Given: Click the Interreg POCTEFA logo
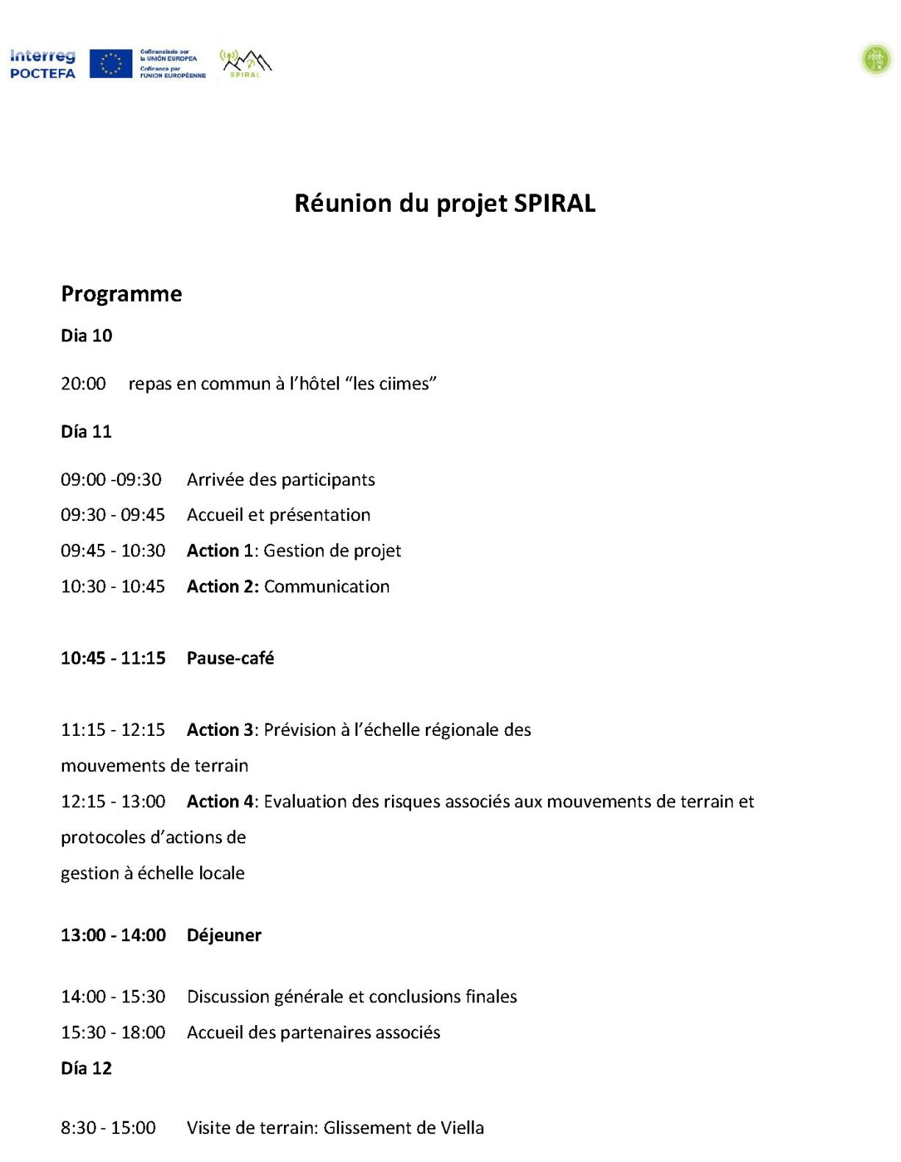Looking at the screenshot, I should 43,64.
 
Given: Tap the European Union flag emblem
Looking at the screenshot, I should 110,64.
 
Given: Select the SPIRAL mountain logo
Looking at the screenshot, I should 246,64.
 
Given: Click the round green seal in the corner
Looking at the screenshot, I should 876,60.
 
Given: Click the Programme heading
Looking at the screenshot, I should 121,294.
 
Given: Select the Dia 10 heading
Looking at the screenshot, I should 86,336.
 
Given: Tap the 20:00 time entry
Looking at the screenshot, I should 83,383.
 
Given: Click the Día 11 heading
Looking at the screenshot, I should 86,431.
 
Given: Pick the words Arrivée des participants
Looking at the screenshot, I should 280,480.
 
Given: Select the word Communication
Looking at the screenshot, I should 327,587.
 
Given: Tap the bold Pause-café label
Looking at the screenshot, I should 230,658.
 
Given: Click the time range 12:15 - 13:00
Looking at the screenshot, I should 113,801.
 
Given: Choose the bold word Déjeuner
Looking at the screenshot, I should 224,935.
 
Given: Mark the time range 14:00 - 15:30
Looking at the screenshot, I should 113,996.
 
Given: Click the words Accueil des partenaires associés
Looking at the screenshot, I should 313,1032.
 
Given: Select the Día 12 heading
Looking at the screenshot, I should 86,1068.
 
